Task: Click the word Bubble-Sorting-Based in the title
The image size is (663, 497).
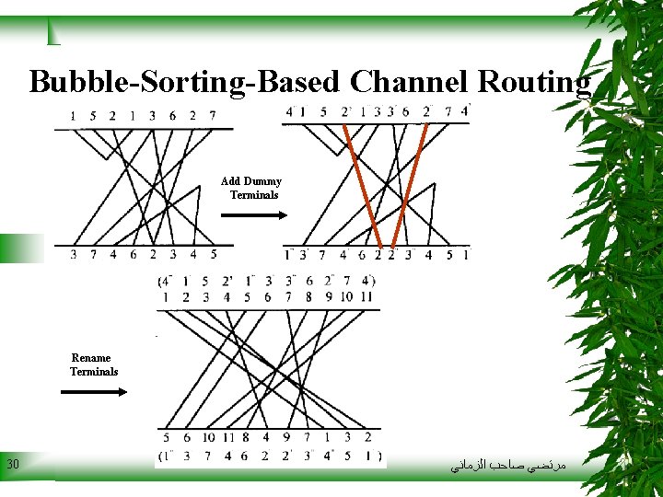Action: (x=184, y=82)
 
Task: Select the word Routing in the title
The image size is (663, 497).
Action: (x=530, y=82)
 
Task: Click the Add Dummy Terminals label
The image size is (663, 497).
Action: (x=251, y=188)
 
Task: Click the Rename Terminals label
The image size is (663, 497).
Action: (x=93, y=364)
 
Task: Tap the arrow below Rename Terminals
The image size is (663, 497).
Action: (x=94, y=391)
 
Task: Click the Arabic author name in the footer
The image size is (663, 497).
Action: (x=506, y=468)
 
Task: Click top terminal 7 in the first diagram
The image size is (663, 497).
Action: (x=213, y=116)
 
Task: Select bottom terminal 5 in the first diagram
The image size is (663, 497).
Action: (x=214, y=254)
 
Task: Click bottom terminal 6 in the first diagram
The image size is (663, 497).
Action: (x=133, y=254)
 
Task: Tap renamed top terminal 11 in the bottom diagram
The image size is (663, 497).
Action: (x=367, y=296)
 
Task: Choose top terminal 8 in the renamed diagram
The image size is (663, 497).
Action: (x=308, y=296)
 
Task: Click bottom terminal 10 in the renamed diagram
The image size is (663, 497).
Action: (x=209, y=437)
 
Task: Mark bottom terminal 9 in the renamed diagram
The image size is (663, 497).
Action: (x=286, y=437)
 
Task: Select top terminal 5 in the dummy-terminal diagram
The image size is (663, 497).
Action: (x=323, y=113)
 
